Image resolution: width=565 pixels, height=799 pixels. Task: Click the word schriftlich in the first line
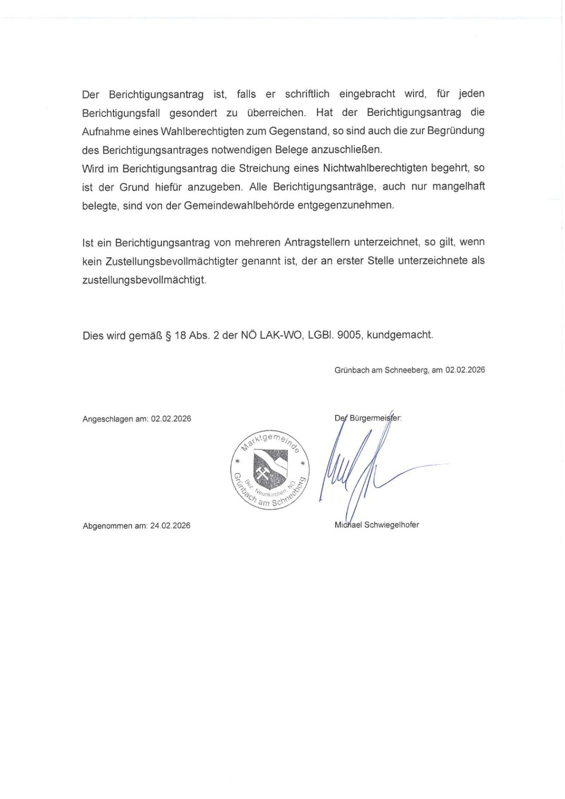(x=307, y=94)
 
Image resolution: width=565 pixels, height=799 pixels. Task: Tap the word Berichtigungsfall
(x=121, y=113)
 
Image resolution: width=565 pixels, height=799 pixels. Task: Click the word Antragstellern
(x=317, y=243)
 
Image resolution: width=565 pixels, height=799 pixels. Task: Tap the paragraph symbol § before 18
(x=168, y=336)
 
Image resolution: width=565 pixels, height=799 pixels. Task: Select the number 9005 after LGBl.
(x=349, y=335)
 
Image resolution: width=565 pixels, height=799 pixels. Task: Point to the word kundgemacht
(x=400, y=335)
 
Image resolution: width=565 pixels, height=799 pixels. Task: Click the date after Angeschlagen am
(x=171, y=419)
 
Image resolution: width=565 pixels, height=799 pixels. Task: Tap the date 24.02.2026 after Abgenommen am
(x=170, y=526)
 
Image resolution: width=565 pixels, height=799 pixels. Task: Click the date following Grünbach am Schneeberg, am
(x=465, y=370)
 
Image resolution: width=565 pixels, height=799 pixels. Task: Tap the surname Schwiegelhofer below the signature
(x=392, y=525)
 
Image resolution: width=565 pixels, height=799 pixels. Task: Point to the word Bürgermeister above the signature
(x=375, y=418)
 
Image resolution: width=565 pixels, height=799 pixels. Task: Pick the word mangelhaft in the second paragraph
(x=458, y=187)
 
